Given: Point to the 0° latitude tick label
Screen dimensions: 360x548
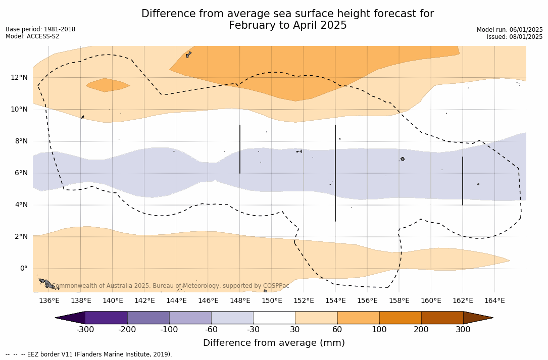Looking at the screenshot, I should [24, 268].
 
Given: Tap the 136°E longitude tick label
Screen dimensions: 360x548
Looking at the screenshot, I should [49, 300].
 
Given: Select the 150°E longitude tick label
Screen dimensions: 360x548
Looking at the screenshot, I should [272, 300].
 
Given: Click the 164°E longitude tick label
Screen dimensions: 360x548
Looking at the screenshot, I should [494, 300].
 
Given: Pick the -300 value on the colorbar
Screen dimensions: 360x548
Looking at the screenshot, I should [85, 330].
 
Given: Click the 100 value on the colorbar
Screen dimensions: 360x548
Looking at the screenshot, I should [379, 330].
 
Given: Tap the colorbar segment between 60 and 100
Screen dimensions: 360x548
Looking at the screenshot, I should [358, 318].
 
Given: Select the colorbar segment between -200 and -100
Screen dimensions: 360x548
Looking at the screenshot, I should [148, 318].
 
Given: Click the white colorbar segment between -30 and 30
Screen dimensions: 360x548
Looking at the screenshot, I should [274, 318].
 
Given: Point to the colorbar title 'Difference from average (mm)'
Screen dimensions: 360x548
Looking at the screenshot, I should [274, 343].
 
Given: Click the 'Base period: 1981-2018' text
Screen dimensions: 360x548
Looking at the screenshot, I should [40, 29].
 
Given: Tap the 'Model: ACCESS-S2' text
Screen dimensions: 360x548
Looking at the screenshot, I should [32, 36].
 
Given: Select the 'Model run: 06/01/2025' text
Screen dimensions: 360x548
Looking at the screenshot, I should [510, 30].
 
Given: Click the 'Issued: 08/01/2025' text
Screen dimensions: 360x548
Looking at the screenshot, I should [515, 37].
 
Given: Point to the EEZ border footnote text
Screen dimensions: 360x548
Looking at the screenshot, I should [89, 354].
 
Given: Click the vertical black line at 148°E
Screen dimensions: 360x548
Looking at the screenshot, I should [240, 149].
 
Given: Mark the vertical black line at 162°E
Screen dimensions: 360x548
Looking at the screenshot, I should [463, 181].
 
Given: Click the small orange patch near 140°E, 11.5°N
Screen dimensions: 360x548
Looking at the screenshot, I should [108, 85].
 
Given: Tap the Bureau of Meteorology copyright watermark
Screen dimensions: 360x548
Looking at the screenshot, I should [171, 286].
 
